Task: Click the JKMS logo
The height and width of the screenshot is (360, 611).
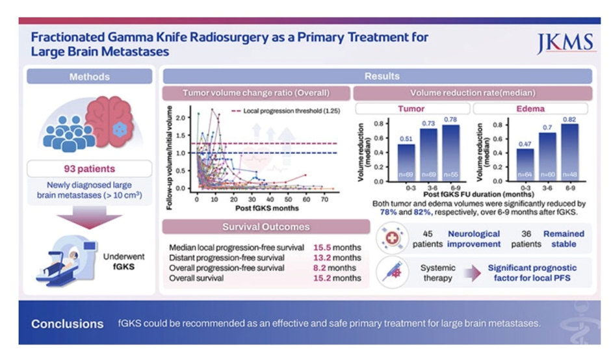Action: [x=565, y=44]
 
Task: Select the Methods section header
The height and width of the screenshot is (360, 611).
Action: [x=88, y=77]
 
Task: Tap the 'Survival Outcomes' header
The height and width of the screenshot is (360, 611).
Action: [x=266, y=227]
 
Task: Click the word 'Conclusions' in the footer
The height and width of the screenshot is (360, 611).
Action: [x=68, y=323]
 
